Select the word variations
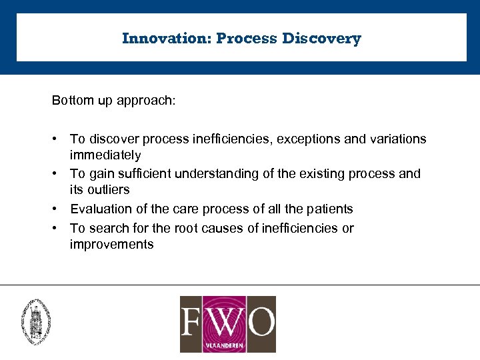395,139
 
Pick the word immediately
105,155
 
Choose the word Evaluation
100,209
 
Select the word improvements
111,244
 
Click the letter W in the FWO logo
227,322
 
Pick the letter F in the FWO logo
195,322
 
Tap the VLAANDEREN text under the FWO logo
227,346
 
